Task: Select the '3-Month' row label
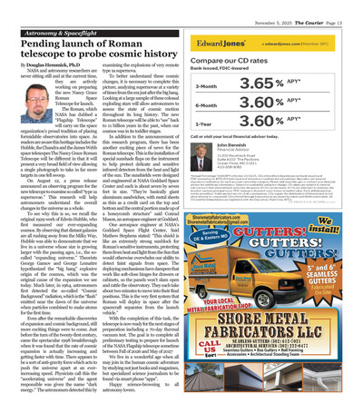(209, 88)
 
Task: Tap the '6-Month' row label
(209, 104)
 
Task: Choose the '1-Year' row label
(207, 121)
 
